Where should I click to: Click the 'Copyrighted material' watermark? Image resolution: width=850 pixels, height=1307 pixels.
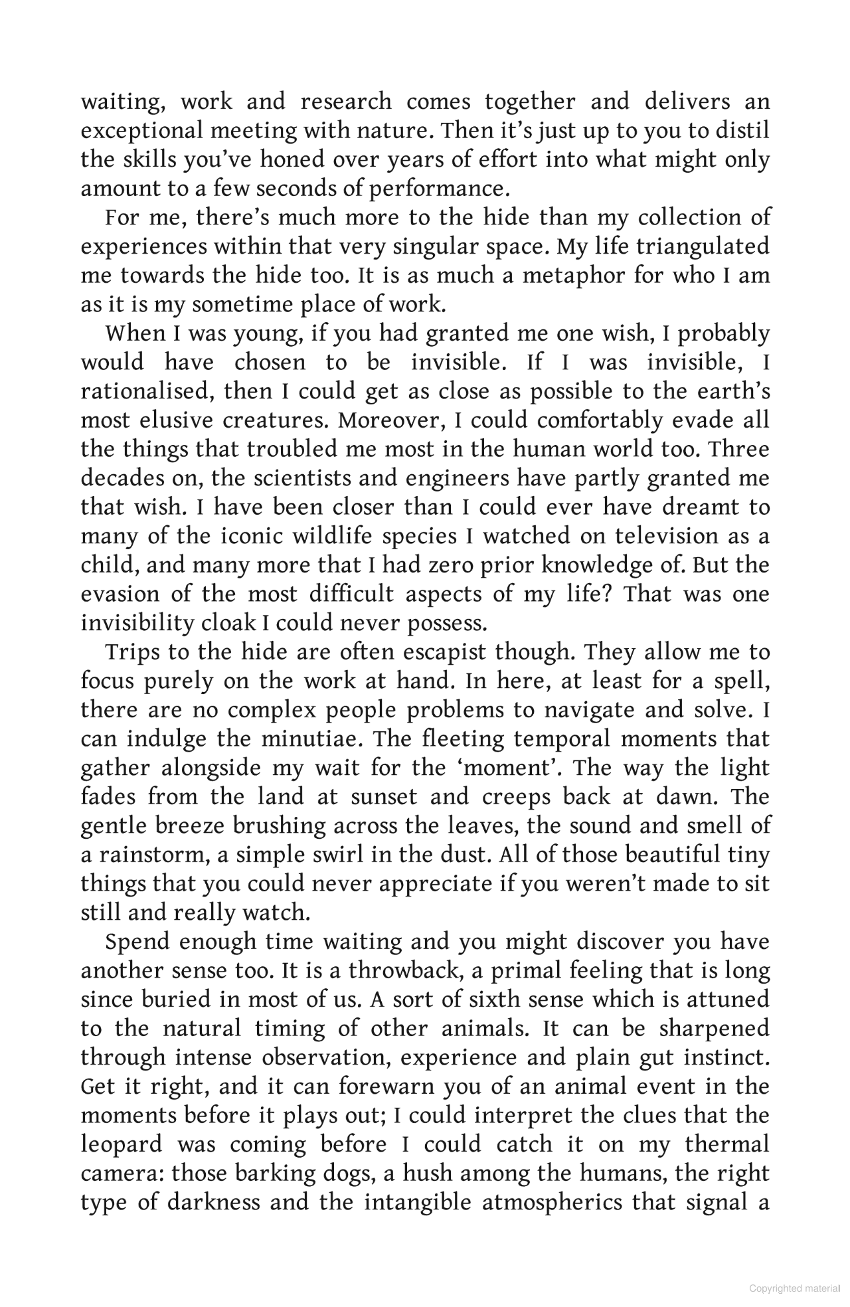point(794,1288)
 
